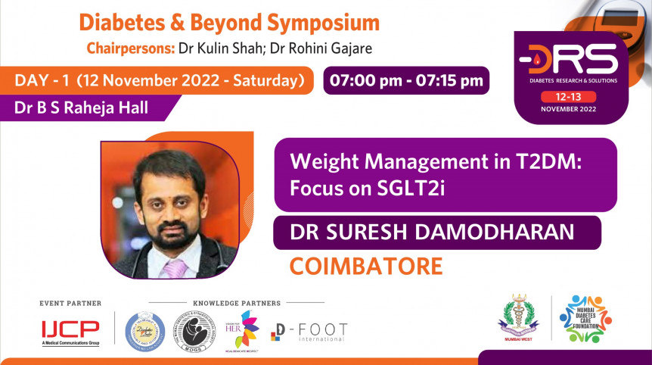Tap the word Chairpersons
[x=131, y=50]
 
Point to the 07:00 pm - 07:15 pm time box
[x=405, y=80]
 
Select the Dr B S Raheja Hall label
[x=81, y=108]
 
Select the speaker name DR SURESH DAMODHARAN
[x=436, y=232]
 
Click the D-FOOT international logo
[x=309, y=332]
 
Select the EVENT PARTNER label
[x=70, y=303]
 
